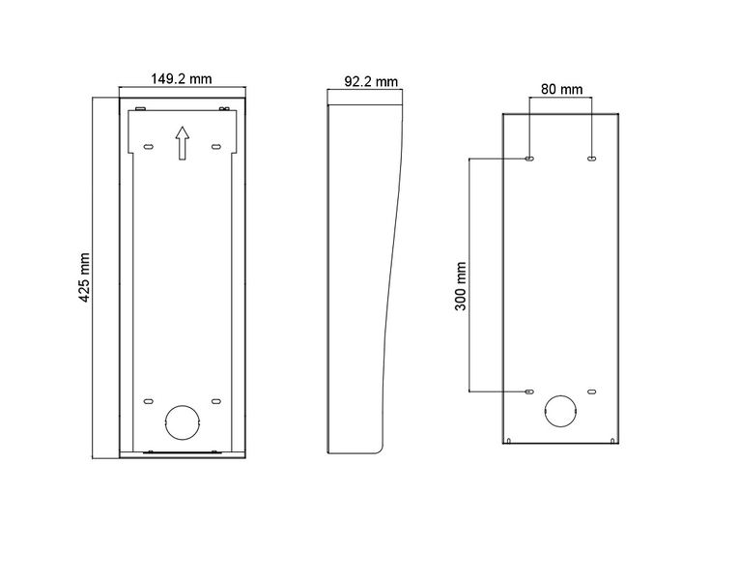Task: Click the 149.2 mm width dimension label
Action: click(182, 78)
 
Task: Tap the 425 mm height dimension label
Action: click(84, 277)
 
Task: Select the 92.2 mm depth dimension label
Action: click(371, 81)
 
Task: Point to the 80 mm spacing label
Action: click(561, 89)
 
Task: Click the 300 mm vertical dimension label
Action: click(461, 286)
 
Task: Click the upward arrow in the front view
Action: click(183, 143)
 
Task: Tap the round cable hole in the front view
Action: click(183, 422)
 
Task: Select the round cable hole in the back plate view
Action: click(560, 411)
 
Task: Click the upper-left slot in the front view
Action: click(148, 147)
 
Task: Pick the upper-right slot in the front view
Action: click(215, 147)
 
